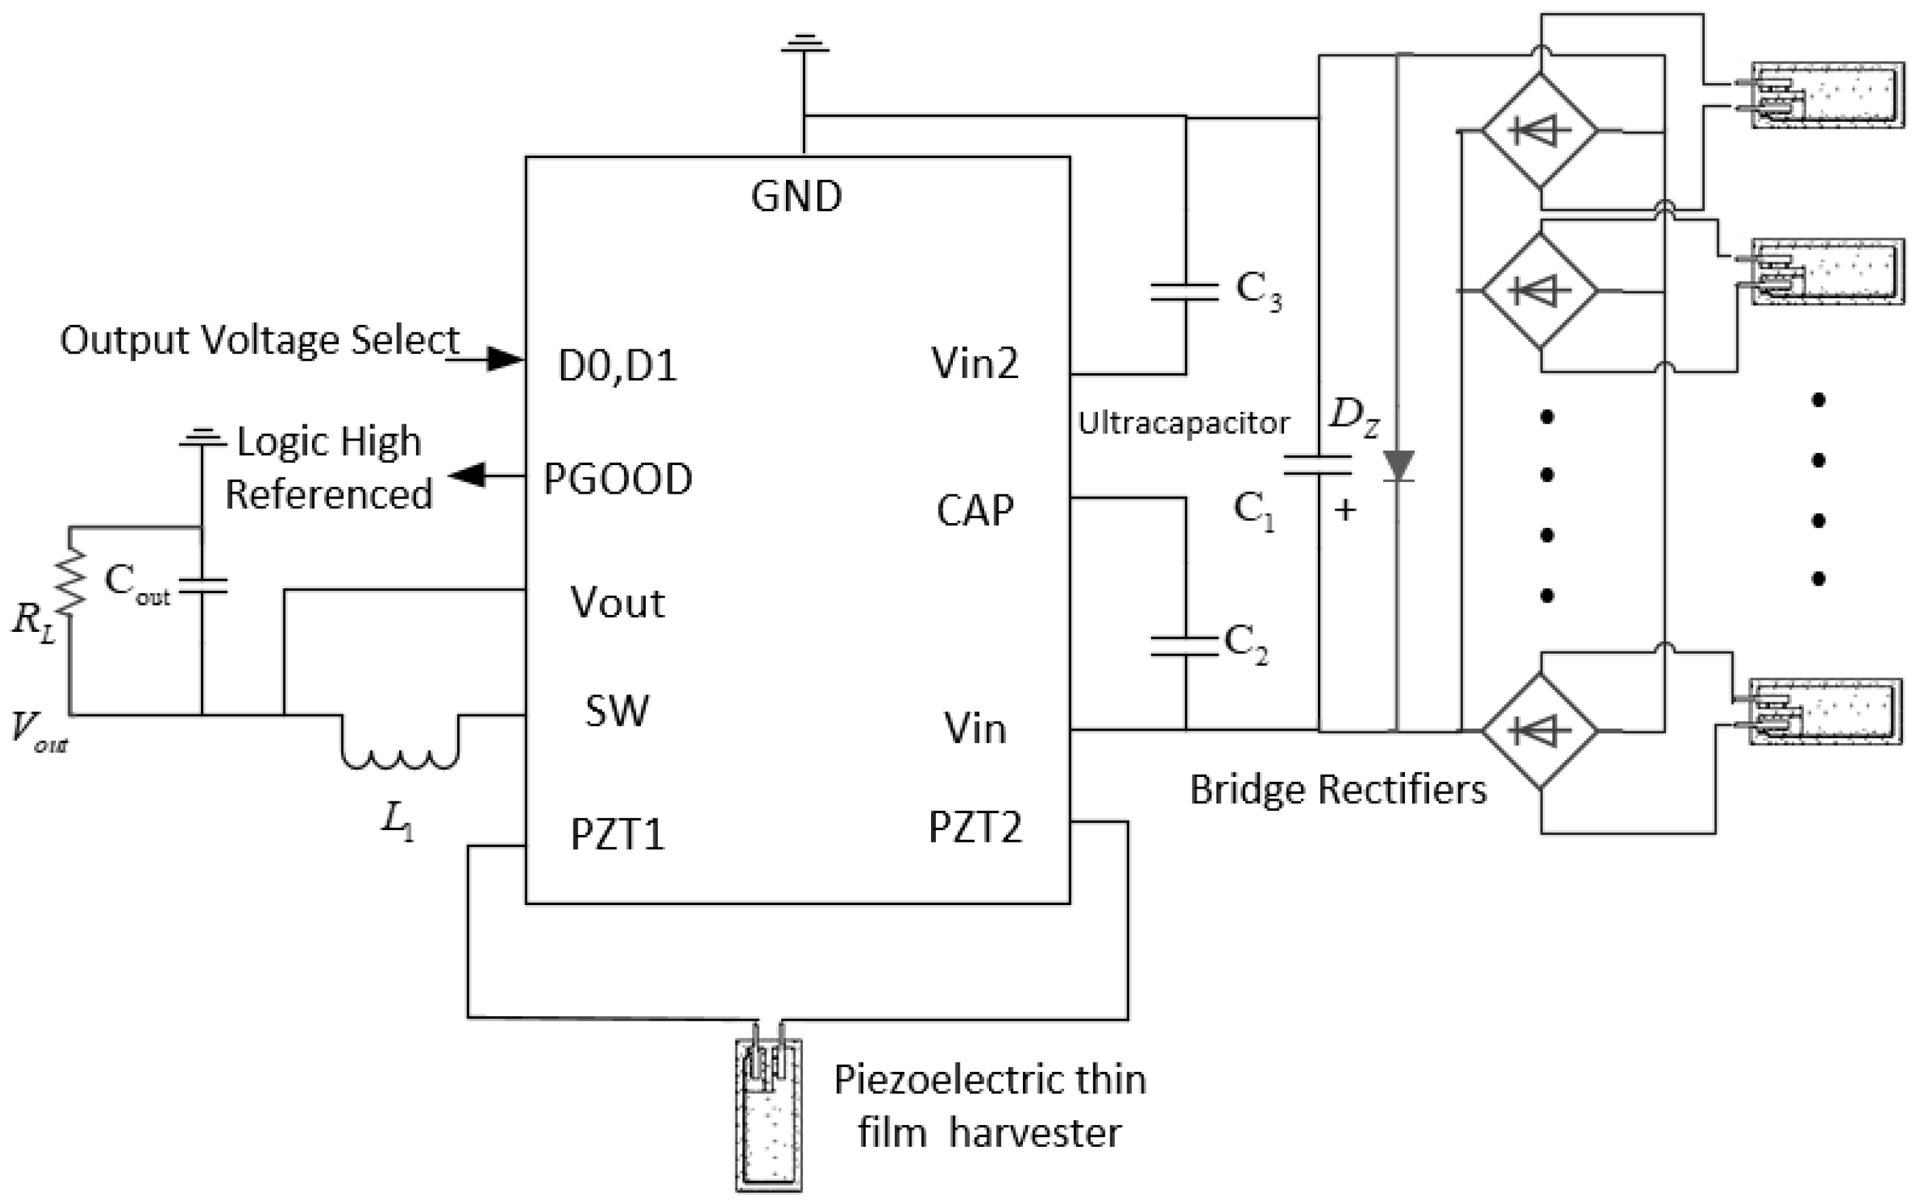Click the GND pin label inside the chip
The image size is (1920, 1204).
(x=796, y=196)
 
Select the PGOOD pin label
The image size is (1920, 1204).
(x=618, y=479)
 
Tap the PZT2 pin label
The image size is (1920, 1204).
(x=975, y=827)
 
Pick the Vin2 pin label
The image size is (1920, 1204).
(x=975, y=363)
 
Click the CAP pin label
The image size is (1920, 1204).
(x=975, y=511)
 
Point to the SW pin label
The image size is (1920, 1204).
(x=617, y=711)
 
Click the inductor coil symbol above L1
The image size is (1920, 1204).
(x=400, y=752)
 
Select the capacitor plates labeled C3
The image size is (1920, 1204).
(x=1184, y=291)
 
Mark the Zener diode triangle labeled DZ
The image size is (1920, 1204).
(x=1398, y=465)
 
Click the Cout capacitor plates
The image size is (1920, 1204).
(x=202, y=587)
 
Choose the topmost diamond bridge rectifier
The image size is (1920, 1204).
(x=1539, y=131)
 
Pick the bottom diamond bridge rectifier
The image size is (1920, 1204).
(x=1539, y=730)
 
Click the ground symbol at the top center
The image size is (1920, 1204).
(x=804, y=44)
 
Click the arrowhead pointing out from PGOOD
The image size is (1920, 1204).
(x=467, y=475)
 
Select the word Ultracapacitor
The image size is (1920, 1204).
(x=1183, y=423)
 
